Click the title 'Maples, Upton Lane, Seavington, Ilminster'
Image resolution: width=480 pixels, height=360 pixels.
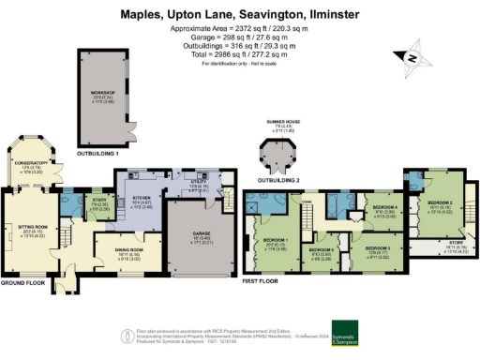(240, 13)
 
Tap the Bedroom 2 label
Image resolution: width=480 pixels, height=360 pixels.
(441, 204)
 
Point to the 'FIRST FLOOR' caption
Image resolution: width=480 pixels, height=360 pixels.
(260, 279)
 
